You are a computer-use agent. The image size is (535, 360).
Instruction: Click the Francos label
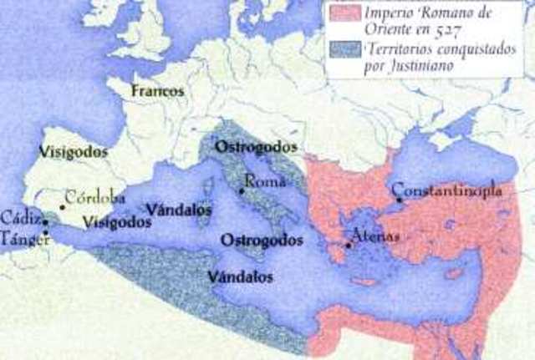click(x=157, y=90)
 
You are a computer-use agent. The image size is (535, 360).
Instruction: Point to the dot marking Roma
click(x=242, y=191)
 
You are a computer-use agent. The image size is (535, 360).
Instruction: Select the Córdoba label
click(x=95, y=199)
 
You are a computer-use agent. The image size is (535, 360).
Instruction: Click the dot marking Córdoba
click(x=62, y=207)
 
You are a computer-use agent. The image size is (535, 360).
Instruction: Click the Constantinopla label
click(x=447, y=190)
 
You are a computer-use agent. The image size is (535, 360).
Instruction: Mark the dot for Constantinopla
click(x=399, y=200)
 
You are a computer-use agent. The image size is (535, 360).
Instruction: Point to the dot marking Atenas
click(x=349, y=245)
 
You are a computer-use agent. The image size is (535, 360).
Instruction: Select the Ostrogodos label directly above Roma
click(x=247, y=146)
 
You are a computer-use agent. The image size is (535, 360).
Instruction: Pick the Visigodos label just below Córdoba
click(x=117, y=222)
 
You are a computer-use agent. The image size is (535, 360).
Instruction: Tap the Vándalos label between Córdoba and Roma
click(x=178, y=209)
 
